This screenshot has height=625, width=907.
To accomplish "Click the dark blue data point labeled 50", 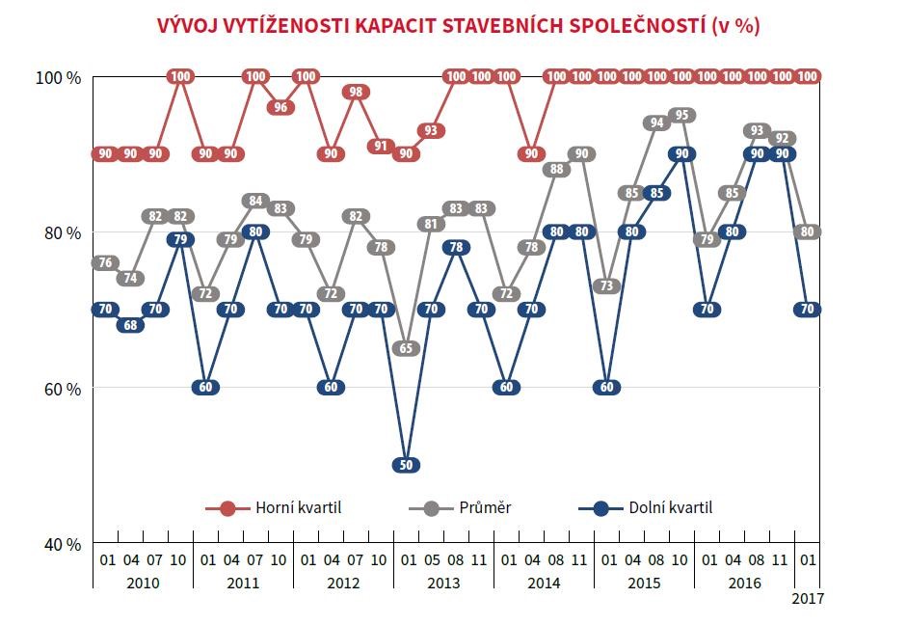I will click(x=407, y=465).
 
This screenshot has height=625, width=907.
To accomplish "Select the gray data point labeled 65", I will click(x=407, y=348).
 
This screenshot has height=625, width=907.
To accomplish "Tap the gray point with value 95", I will click(x=682, y=115).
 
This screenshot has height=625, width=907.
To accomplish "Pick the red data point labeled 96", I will click(x=280, y=107).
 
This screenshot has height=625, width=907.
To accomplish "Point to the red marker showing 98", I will click(x=356, y=92).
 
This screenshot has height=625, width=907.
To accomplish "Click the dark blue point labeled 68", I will click(x=130, y=325).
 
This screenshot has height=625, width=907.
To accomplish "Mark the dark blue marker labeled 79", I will click(x=180, y=239).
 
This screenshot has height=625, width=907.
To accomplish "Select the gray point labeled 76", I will click(x=105, y=262).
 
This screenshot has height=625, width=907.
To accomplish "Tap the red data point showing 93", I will click(x=431, y=130).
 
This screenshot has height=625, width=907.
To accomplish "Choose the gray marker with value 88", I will click(x=556, y=169).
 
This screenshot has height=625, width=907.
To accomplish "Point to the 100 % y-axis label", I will click(x=60, y=77).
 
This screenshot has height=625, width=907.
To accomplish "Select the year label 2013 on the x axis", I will click(x=443, y=584).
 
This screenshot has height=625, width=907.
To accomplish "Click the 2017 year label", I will click(x=808, y=598).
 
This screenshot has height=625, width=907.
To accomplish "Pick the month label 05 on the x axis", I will click(x=431, y=558).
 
